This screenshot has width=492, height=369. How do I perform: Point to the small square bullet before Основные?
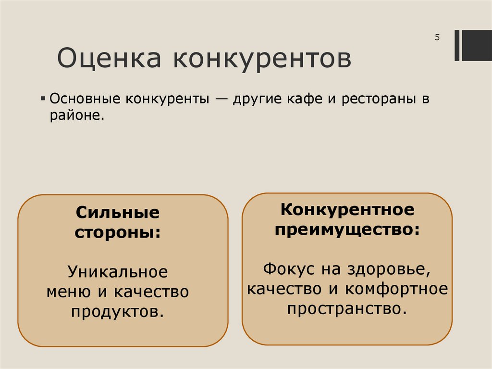[43, 100]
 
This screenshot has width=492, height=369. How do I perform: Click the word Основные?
[85, 100]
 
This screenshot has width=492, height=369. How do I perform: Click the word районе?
[76, 116]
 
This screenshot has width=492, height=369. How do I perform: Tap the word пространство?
[347, 308]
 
